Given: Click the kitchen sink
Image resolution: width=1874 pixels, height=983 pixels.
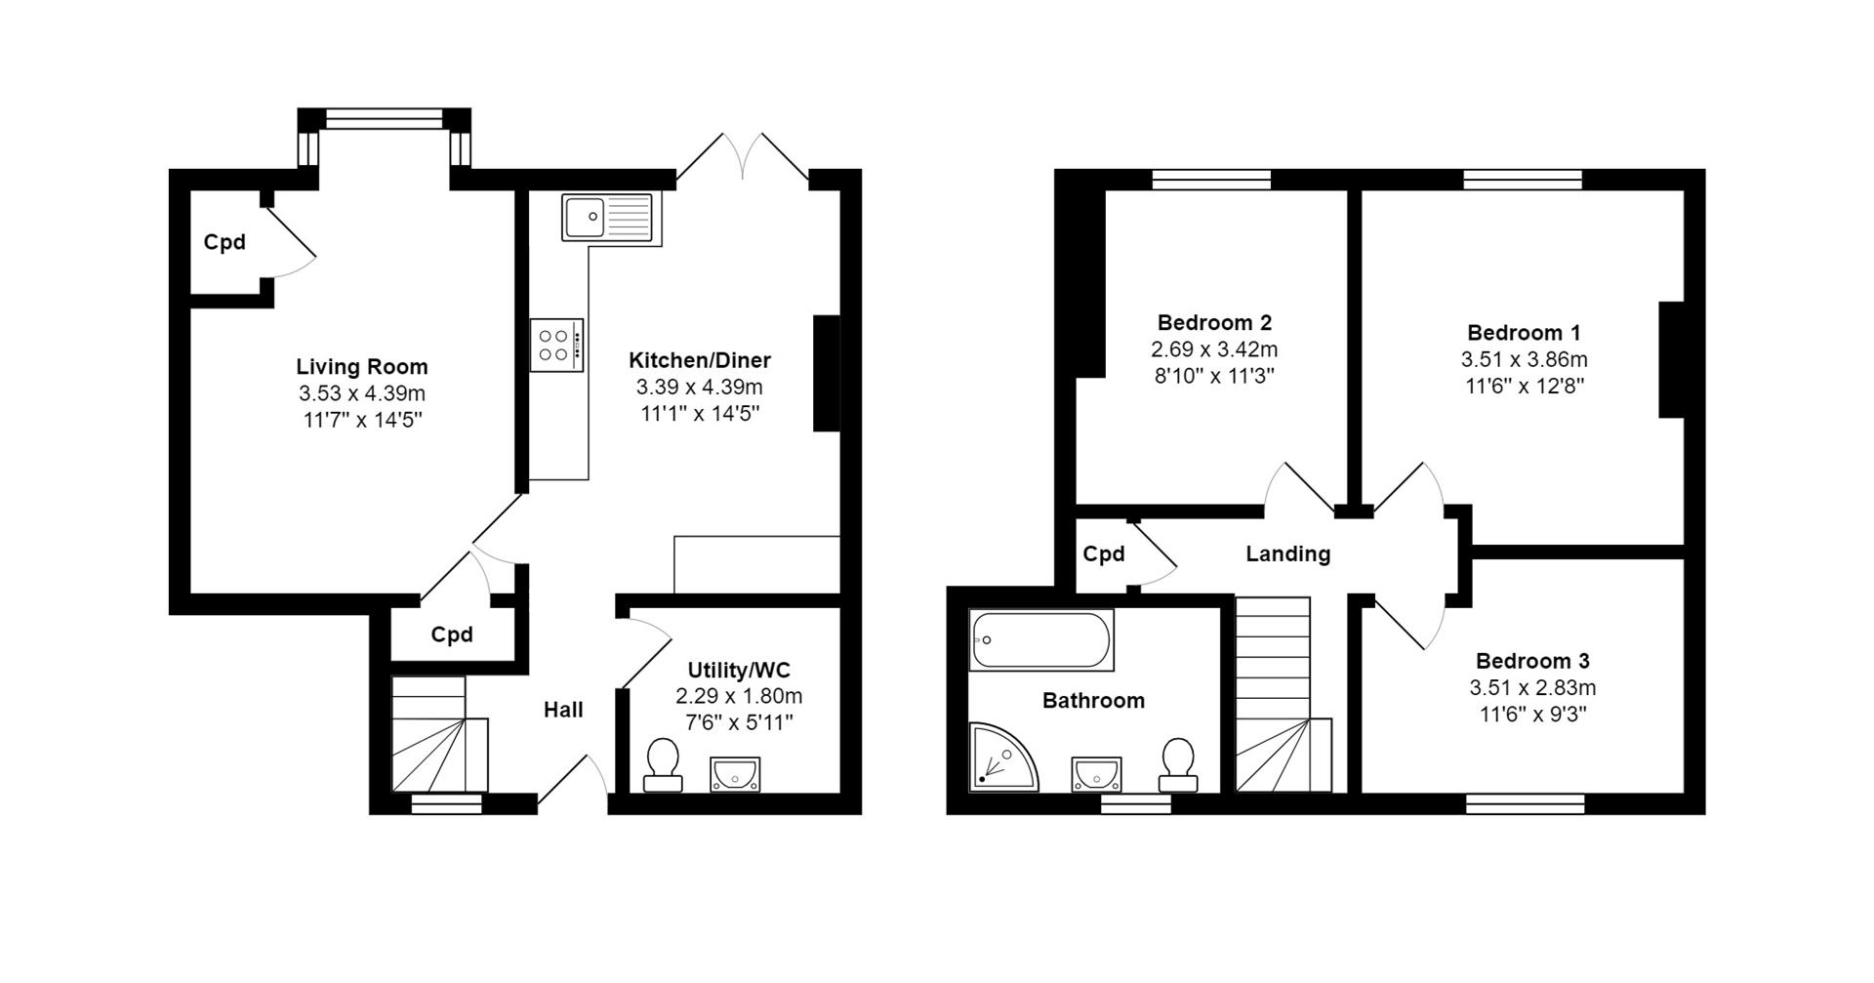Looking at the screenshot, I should coord(606,216).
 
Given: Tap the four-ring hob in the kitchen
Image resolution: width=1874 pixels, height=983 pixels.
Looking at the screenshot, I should coord(557,346).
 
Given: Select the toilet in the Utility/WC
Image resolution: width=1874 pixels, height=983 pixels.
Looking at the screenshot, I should coord(663,764).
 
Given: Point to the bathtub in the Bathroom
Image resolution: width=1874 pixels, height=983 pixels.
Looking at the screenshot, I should coord(1041,640).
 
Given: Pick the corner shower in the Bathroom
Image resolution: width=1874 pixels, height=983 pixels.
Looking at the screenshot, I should coord(1000,758).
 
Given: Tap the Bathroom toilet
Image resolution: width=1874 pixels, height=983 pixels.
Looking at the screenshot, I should coord(1178,764).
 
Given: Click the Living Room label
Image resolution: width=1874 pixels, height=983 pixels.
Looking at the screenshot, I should coord(362,367).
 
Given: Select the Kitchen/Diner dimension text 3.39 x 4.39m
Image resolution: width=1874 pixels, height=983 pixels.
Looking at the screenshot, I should coord(700,387).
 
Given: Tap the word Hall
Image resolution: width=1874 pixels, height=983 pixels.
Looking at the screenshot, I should coord(563,710).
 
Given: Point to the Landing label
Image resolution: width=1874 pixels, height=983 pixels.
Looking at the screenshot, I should coord(1287,554).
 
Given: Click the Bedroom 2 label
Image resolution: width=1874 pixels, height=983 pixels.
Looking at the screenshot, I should coord(1214,322).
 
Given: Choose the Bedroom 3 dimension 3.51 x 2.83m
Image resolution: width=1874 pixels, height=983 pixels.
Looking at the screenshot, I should coord(1532,687).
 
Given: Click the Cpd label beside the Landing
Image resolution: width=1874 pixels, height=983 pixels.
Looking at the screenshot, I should coord(1104,554).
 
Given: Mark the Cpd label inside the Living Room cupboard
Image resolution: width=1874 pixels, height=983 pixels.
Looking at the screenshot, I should coord(224,242).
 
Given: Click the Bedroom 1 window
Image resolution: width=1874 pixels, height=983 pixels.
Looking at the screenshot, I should coord(1522,179).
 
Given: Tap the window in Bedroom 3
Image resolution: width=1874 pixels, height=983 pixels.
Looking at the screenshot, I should coord(1525,803).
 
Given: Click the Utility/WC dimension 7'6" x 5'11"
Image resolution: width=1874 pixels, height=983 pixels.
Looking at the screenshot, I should coord(739,722).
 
